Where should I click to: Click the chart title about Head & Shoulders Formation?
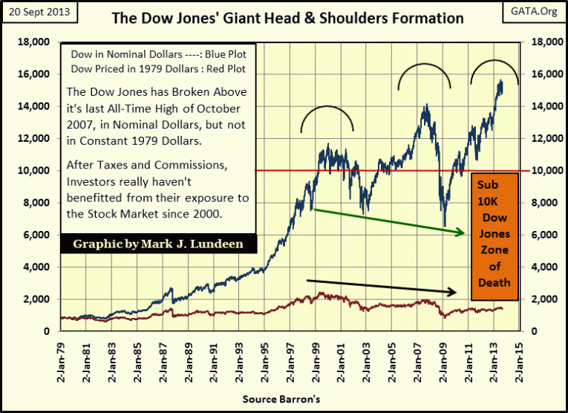tap(288, 18)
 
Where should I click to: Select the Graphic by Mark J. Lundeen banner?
tap(159, 244)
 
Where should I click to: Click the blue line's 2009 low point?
tap(444, 226)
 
